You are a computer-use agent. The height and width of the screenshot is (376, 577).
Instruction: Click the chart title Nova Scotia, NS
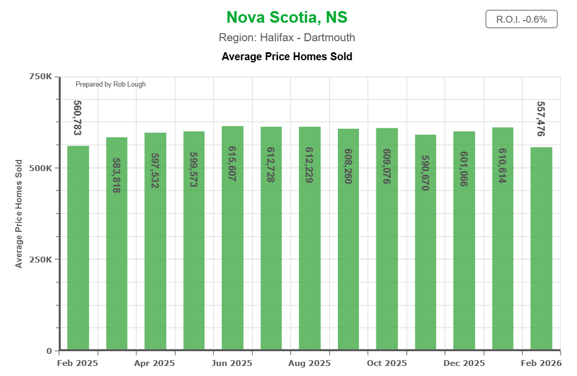[x=287, y=17]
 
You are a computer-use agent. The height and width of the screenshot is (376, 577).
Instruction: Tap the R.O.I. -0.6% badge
[x=521, y=20]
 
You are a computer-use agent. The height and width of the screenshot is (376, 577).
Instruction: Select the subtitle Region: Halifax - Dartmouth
[x=287, y=37]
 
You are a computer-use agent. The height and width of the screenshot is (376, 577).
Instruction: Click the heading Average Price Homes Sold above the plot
[x=287, y=56]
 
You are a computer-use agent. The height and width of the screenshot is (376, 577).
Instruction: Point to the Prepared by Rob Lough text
[x=110, y=84]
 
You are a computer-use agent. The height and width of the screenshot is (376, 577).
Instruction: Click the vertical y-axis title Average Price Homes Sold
[x=19, y=213]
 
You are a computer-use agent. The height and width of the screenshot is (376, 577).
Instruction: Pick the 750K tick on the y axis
[x=40, y=77]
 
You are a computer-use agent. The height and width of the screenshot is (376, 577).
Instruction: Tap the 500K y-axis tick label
[x=40, y=168]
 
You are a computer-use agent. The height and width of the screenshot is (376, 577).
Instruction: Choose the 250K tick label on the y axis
[x=40, y=259]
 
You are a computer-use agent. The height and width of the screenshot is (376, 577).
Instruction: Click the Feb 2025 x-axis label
[x=78, y=363]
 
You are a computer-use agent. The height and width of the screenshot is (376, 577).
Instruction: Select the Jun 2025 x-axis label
[x=232, y=363]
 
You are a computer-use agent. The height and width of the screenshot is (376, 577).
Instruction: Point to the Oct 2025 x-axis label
[x=386, y=363]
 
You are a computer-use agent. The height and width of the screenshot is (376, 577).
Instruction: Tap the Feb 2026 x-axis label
[x=541, y=363]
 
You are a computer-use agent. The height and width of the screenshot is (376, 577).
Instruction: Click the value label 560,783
[x=78, y=117]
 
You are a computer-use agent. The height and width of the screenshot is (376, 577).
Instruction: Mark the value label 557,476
[x=541, y=119]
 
